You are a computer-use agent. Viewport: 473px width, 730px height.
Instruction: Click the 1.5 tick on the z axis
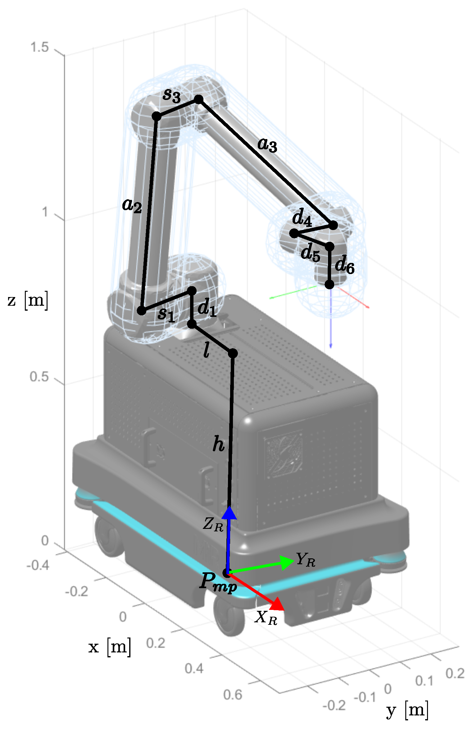click(39, 47)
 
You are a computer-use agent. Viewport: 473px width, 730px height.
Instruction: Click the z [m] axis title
click(28, 300)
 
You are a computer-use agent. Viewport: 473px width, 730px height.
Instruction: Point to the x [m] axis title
click(109, 647)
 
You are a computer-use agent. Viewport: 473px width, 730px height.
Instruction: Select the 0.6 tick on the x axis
click(233, 695)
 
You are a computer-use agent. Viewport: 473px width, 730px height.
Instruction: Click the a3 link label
click(267, 144)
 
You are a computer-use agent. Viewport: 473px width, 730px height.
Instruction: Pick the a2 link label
click(132, 205)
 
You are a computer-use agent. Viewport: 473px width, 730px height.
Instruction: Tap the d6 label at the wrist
click(345, 265)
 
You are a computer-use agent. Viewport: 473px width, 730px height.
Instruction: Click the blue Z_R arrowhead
click(230, 514)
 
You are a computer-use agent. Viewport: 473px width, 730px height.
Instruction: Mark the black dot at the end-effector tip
click(329, 284)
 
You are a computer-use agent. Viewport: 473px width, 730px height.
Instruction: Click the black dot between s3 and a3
click(199, 99)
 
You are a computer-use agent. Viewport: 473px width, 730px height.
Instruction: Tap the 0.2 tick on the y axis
click(455, 674)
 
